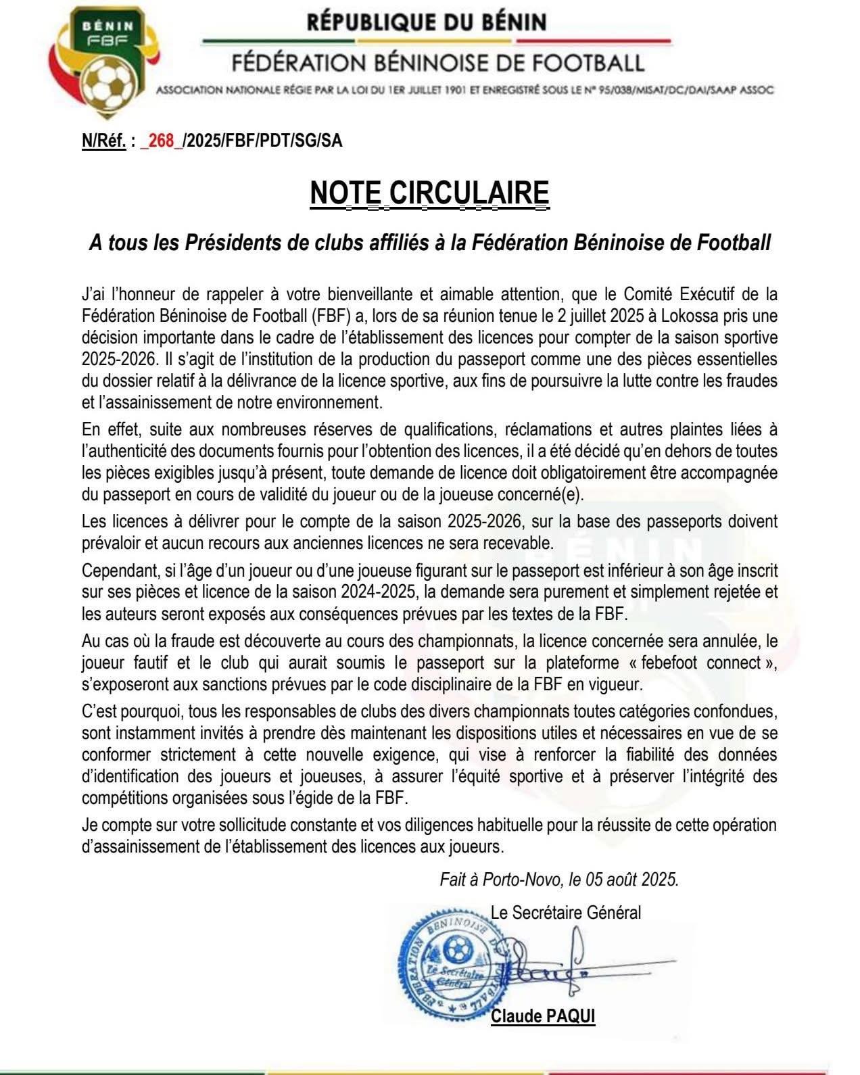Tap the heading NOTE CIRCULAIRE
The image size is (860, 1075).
(429, 193)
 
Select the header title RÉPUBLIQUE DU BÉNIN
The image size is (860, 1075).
(426, 22)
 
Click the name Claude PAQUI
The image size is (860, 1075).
(543, 1016)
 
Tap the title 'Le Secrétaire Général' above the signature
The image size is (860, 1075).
(566, 913)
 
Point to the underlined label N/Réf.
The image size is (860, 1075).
(103, 141)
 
